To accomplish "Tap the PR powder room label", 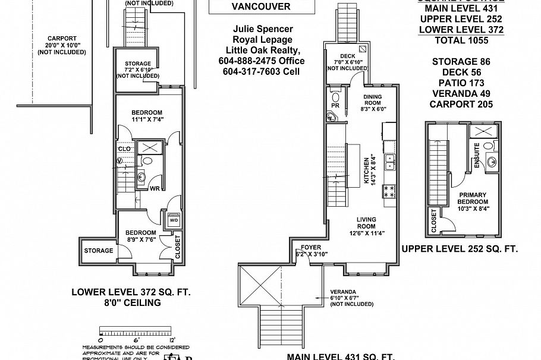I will tap(335, 106).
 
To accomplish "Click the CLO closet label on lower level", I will tap(124, 149).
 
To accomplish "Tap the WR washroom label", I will tap(153, 189).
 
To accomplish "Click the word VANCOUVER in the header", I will tap(261, 7).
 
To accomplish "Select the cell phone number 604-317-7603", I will tap(261, 71).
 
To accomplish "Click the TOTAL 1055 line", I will tap(461, 40).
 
